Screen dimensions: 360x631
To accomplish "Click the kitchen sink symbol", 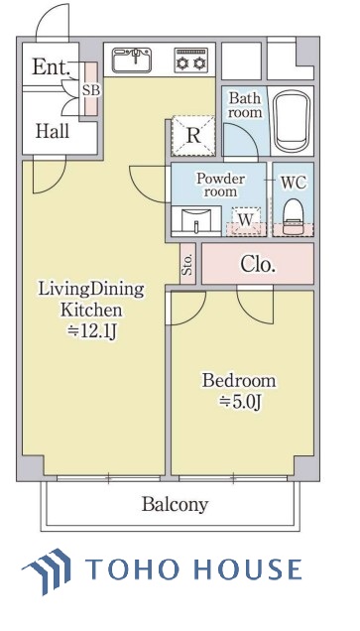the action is pyautogui.click(x=132, y=61).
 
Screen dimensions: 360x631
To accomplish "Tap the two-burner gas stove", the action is pyautogui.click(x=191, y=61).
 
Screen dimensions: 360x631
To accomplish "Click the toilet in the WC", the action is pyautogui.click(x=293, y=216).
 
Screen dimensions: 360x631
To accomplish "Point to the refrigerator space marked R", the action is pyautogui.click(x=193, y=136).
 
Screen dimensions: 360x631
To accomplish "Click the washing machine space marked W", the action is pyautogui.click(x=246, y=220).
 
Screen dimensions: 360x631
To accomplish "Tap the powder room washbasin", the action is pyautogui.click(x=196, y=221).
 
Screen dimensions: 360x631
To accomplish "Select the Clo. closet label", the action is pyautogui.click(x=258, y=264).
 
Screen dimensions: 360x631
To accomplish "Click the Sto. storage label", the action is pyautogui.click(x=187, y=264).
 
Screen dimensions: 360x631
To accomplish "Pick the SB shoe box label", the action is pyautogui.click(x=91, y=89).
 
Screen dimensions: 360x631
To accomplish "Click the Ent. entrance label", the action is pyautogui.click(x=52, y=66).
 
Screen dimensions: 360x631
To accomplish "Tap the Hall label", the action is pyautogui.click(x=53, y=131).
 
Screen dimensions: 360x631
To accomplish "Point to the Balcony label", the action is pyautogui.click(x=175, y=504).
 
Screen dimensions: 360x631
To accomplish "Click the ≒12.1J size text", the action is pyautogui.click(x=94, y=331).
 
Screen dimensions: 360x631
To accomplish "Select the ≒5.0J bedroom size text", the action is pyautogui.click(x=240, y=401).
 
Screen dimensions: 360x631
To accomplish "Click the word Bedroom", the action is pyautogui.click(x=239, y=380).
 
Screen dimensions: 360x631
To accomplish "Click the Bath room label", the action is pyautogui.click(x=245, y=105).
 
